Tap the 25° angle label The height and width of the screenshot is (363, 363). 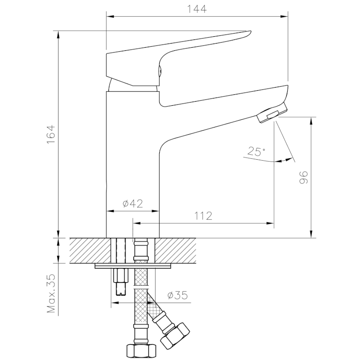257,151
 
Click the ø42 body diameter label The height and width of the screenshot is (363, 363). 132,204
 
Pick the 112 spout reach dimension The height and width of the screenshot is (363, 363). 203,216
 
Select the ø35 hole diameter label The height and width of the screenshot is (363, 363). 177,295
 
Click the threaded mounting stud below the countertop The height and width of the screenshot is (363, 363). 121,281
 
